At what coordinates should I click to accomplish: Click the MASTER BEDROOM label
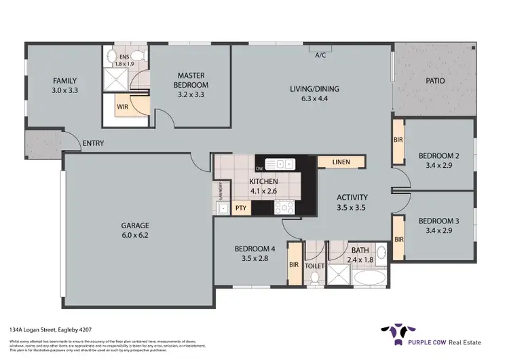pyautogui.click(x=191, y=79)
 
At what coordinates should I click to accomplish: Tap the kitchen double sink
pyautogui.click(x=280, y=164)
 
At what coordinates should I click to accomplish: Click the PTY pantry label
pyautogui.click(x=240, y=209)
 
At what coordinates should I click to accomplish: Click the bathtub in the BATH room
pyautogui.click(x=370, y=278)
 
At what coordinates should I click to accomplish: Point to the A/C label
pyautogui.click(x=320, y=55)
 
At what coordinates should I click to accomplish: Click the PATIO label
pyautogui.click(x=435, y=81)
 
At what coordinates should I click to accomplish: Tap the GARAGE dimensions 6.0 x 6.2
pyautogui.click(x=136, y=236)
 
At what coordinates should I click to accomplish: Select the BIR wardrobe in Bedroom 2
pyautogui.click(x=398, y=141)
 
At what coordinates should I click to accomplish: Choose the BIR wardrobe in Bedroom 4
pyautogui.click(x=294, y=264)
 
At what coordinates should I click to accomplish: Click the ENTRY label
pyautogui.click(x=92, y=143)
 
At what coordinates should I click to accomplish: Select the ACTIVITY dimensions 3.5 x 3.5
pyautogui.click(x=352, y=209)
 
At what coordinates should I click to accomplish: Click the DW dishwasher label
pyautogui.click(x=259, y=168)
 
